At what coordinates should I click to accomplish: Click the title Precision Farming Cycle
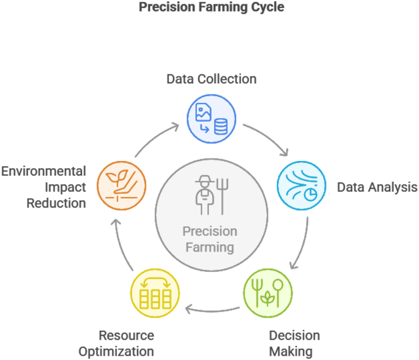(212, 8)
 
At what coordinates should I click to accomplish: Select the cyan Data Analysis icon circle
(301, 186)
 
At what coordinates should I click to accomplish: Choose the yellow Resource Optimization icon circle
(155, 295)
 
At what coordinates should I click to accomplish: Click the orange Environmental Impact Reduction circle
(122, 183)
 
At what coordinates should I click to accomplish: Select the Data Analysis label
(377, 187)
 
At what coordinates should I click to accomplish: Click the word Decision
(294, 336)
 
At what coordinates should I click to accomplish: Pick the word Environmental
(43, 171)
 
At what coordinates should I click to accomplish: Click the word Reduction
(56, 203)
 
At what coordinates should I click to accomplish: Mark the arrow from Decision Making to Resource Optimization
(214, 309)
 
